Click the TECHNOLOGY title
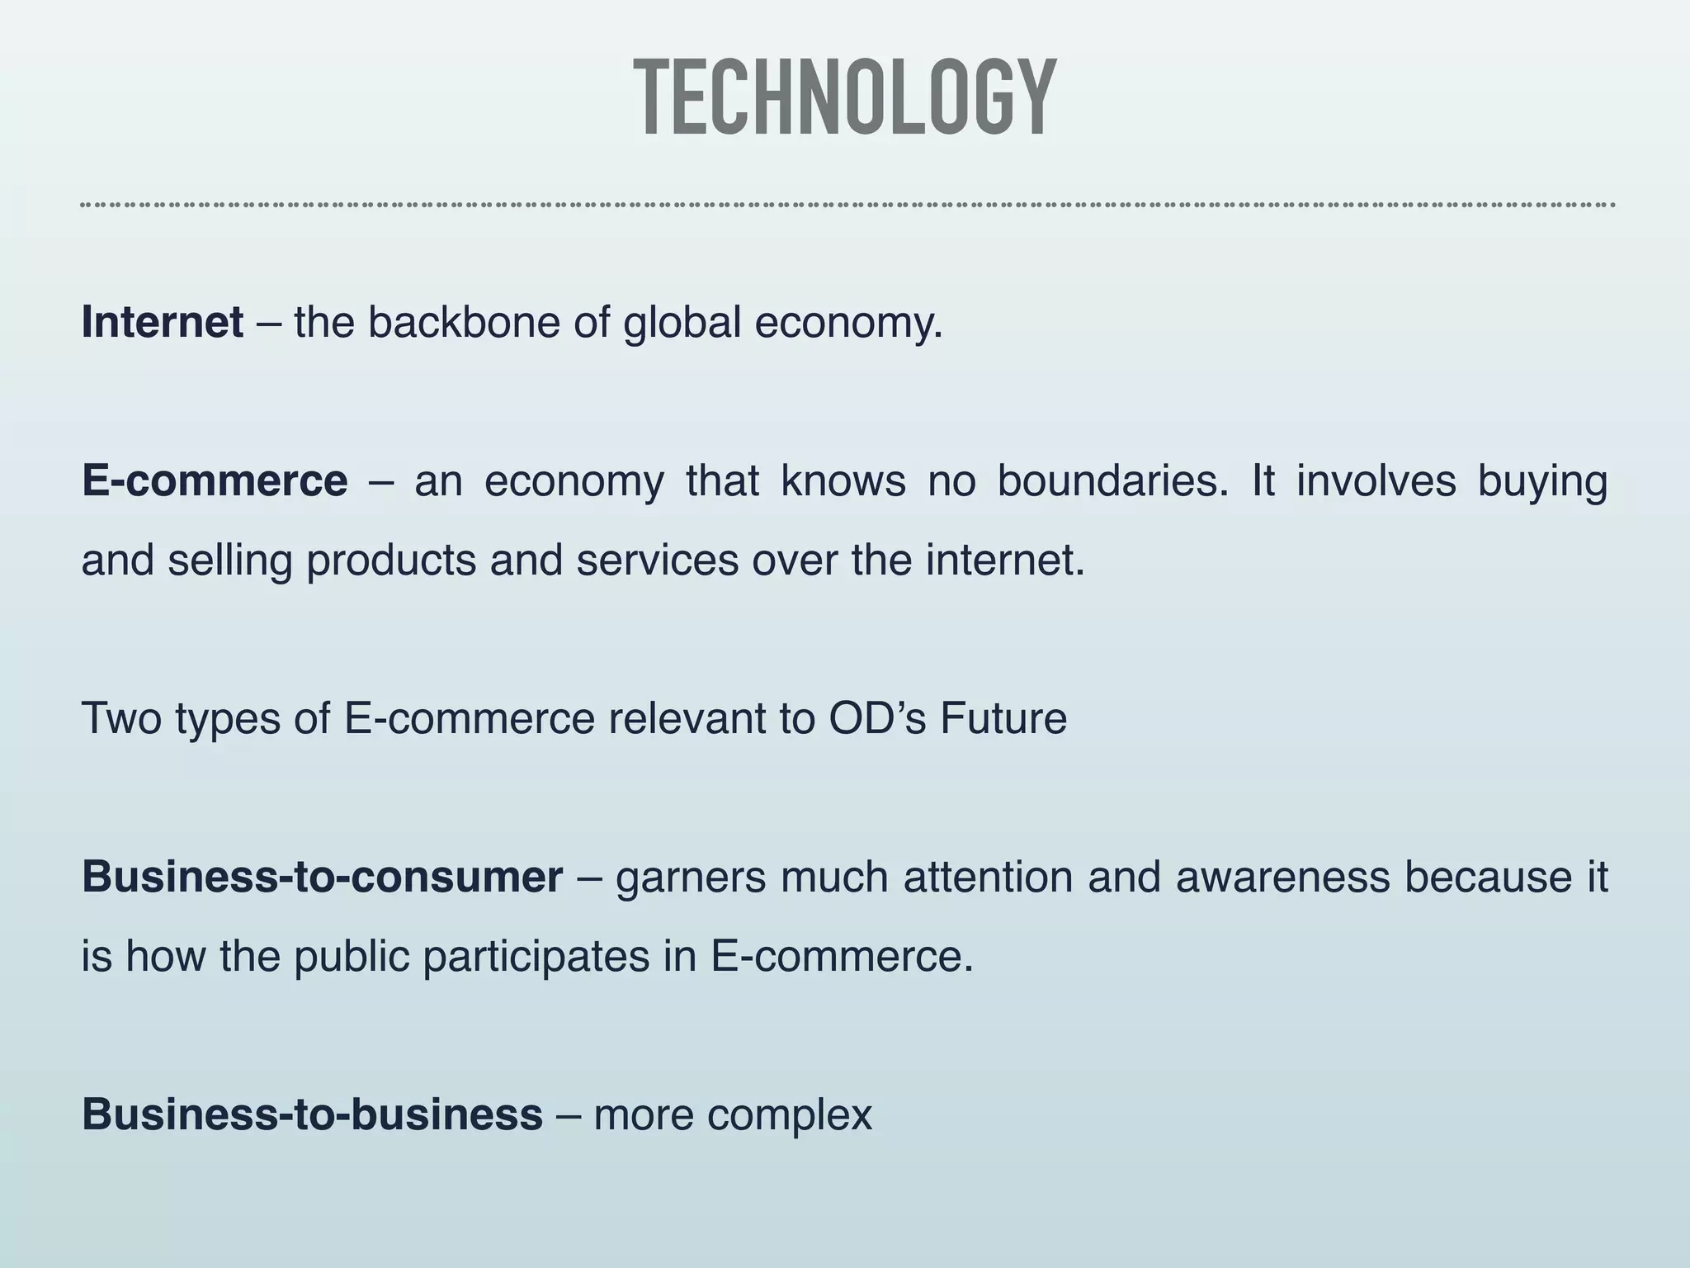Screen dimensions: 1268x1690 (x=845, y=97)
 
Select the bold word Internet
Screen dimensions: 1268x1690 (x=163, y=322)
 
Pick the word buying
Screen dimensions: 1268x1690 (x=1542, y=482)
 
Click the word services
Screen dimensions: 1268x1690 (x=657, y=560)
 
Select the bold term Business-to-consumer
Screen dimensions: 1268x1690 (x=322, y=877)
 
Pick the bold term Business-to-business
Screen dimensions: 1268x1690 (x=312, y=1114)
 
